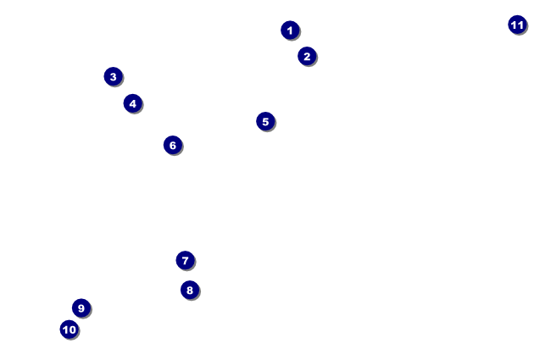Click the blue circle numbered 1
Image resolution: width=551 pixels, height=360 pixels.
click(290, 30)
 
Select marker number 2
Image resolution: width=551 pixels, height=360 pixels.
click(307, 57)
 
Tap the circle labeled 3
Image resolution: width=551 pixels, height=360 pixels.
click(113, 77)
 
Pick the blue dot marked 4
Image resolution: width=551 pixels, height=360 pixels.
click(132, 103)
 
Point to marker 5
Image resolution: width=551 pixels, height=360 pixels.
click(265, 121)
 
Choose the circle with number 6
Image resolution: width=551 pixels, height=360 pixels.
click(173, 145)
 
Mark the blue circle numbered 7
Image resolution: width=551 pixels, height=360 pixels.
click(185, 260)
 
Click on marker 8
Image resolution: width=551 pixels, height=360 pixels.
click(190, 290)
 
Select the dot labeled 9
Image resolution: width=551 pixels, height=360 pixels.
click(81, 307)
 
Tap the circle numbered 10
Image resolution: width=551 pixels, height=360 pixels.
click(70, 330)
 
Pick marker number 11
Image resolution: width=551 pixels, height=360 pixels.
click(517, 25)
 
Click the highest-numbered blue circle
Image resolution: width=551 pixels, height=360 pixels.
click(517, 25)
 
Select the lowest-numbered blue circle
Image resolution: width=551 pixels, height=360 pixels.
click(290, 30)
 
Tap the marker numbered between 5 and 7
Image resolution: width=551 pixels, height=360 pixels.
click(173, 145)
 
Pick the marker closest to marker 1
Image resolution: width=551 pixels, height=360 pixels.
click(307, 57)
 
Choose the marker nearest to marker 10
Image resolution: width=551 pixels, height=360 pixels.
click(81, 307)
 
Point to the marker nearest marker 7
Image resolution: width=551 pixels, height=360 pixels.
click(190, 290)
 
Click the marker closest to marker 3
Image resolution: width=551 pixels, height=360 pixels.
click(132, 103)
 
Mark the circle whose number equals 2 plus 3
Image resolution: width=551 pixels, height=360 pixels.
click(265, 121)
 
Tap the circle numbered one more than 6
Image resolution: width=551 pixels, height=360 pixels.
click(185, 260)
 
